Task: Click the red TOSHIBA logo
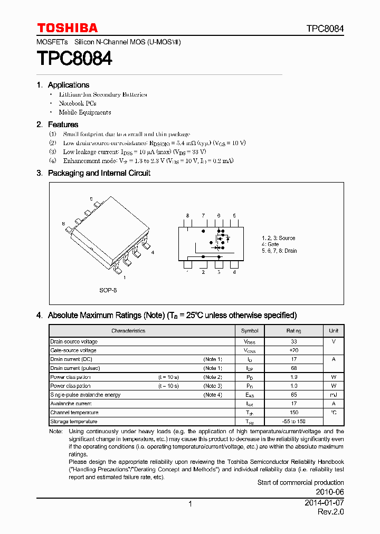(x=67, y=28)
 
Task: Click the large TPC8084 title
(x=74, y=58)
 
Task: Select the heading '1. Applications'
(x=63, y=85)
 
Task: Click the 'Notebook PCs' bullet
(x=78, y=103)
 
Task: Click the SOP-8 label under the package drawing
(x=108, y=290)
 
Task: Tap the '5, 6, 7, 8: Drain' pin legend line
(x=279, y=251)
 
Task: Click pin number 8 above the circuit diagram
(x=187, y=216)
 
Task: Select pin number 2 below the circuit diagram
(x=203, y=272)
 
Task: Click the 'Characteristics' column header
(x=128, y=331)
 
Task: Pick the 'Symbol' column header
(x=250, y=331)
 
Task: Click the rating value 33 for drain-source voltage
(x=294, y=341)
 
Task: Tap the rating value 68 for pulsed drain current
(x=294, y=368)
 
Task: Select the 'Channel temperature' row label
(x=74, y=413)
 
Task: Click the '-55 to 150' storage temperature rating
(x=294, y=422)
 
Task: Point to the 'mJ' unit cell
(x=334, y=395)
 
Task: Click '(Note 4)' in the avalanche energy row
(x=213, y=395)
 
